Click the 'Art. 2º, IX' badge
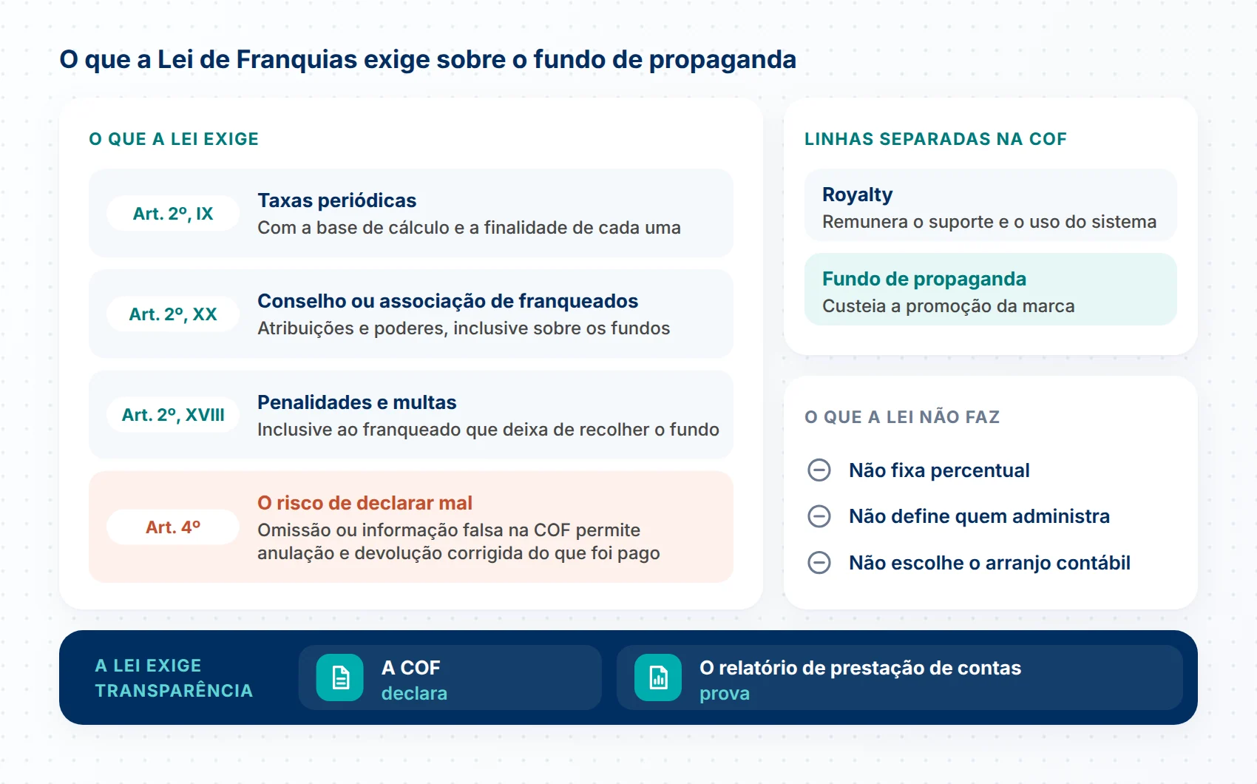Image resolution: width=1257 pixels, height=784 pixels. (x=173, y=213)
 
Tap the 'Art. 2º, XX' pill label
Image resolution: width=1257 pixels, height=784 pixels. (x=173, y=314)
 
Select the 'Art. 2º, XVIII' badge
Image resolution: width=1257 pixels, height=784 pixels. (x=173, y=415)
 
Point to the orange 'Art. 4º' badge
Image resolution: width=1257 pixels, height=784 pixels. (x=173, y=527)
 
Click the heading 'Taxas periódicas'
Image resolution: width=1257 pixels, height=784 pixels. (x=336, y=200)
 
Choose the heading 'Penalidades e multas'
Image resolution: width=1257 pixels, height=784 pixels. (x=357, y=402)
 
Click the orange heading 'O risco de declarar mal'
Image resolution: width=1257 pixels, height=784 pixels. (x=365, y=503)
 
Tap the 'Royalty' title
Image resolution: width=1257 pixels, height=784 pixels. (x=858, y=195)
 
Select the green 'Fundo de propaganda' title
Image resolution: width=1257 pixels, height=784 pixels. (x=924, y=279)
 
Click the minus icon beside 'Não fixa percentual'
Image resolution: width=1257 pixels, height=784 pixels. (x=819, y=470)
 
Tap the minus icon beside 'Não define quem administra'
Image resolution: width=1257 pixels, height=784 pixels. (x=819, y=516)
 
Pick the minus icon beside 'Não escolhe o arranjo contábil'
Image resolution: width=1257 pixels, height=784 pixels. (x=819, y=562)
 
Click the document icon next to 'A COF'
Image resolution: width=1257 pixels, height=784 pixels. (x=340, y=677)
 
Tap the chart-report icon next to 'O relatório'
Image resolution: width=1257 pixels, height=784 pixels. (x=658, y=677)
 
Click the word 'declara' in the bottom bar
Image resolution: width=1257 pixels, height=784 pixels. (x=414, y=694)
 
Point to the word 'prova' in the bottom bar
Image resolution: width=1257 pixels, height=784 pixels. (x=725, y=695)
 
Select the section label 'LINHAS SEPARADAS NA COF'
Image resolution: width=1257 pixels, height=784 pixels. (x=935, y=139)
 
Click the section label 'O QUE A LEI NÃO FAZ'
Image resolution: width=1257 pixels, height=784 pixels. (x=902, y=417)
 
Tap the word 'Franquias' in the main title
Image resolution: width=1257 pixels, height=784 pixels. (x=297, y=60)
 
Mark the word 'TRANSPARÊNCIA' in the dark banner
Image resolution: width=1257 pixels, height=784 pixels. (x=174, y=690)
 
